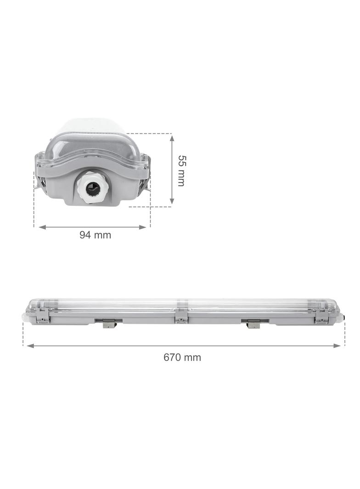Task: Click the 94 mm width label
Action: click(95, 235)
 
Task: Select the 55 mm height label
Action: click(182, 171)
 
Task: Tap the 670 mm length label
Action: click(182, 357)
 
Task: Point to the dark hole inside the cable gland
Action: click(92, 189)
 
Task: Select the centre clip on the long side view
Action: click(181, 316)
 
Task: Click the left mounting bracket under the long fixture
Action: click(108, 323)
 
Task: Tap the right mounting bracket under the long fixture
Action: click(253, 324)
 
